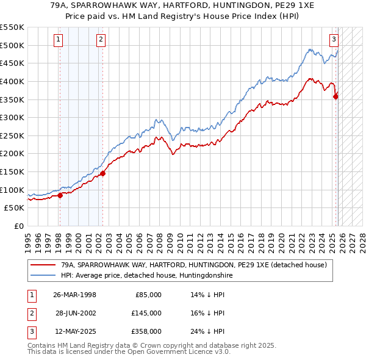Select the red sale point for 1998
point(60,195)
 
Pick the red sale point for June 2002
point(103,173)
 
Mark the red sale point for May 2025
point(335,96)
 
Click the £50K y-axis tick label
point(14,208)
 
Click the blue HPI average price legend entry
point(146,276)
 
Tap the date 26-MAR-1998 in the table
point(74,295)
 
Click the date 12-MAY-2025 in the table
point(74,331)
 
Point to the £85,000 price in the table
point(148,295)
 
